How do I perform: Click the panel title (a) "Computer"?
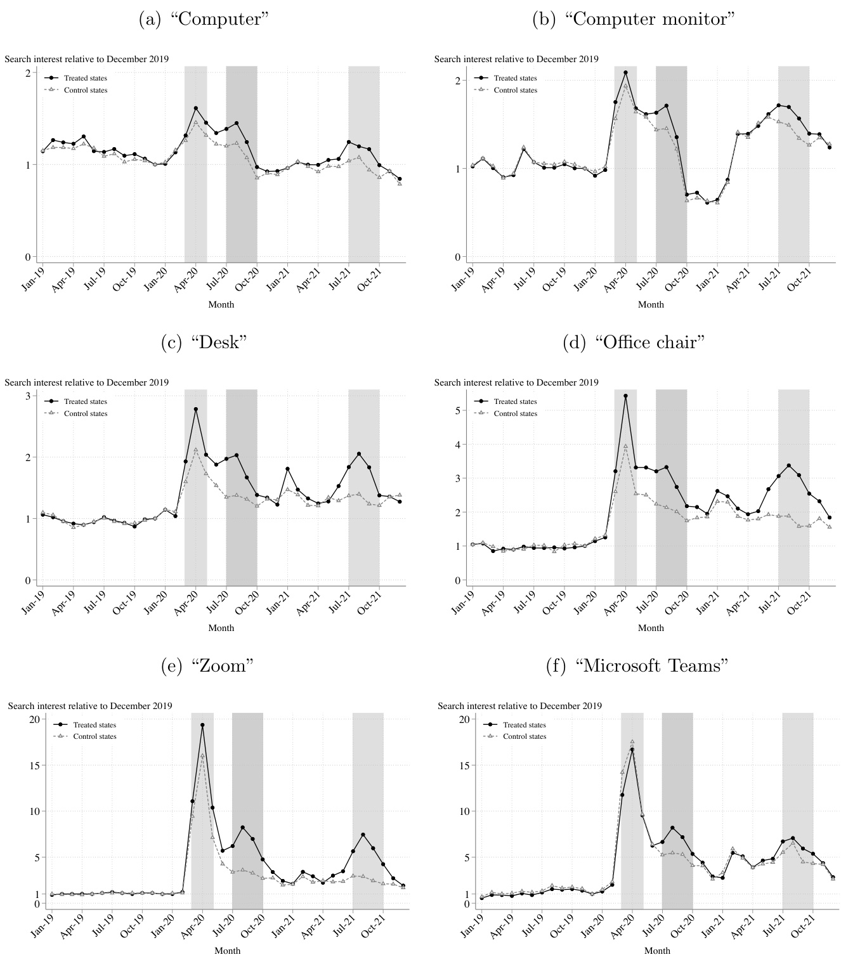pyautogui.click(x=203, y=19)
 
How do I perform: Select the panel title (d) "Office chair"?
pyautogui.click(x=634, y=342)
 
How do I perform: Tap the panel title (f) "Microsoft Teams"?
pyautogui.click(x=637, y=666)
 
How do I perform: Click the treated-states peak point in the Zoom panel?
pyautogui.click(x=202, y=725)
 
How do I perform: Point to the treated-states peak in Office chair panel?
pyautogui.click(x=625, y=396)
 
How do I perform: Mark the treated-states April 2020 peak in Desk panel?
pyautogui.click(x=196, y=409)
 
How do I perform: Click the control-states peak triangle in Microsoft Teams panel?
pyautogui.click(x=632, y=741)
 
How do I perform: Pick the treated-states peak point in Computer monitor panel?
pyautogui.click(x=625, y=72)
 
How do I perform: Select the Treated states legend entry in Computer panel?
pyautogui.click(x=85, y=78)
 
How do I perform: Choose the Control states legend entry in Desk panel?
pyautogui.click(x=85, y=413)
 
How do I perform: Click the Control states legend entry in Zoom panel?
pyautogui.click(x=94, y=736)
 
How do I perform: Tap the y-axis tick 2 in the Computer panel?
pyautogui.click(x=28, y=73)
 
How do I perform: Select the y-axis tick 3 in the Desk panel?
pyautogui.click(x=28, y=396)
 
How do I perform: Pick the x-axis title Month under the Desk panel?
pyautogui.click(x=221, y=628)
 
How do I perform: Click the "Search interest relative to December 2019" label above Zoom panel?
pyautogui.click(x=89, y=705)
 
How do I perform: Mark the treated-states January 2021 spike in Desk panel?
pyautogui.click(x=287, y=469)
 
